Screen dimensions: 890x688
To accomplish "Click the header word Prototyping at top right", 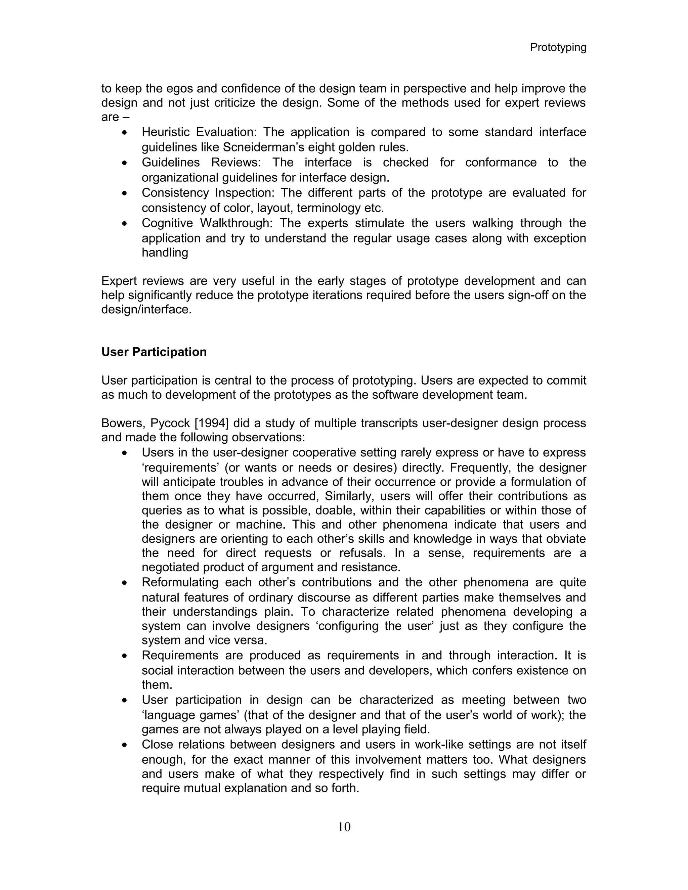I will coord(558,48).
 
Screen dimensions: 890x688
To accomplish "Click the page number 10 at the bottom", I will coord(344,827).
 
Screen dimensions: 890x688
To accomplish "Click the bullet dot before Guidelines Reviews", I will coord(125,163).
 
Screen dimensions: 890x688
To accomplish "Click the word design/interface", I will coord(146,309).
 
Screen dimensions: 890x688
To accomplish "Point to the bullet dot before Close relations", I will coord(125,745).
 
